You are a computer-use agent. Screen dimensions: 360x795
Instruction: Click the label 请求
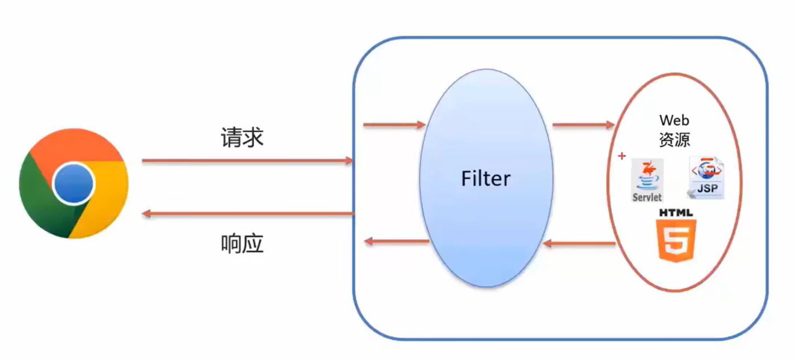point(242,137)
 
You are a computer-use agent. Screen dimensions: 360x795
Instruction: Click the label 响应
point(242,244)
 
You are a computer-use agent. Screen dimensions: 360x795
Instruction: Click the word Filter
point(485,179)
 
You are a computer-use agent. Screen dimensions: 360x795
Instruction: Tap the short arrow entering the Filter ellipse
point(394,125)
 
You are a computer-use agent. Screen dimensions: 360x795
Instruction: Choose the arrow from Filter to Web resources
point(583,125)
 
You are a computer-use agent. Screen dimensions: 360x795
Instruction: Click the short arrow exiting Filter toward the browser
point(397,241)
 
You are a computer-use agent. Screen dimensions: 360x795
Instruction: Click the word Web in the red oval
point(674,120)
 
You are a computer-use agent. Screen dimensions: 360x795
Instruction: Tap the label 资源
point(674,139)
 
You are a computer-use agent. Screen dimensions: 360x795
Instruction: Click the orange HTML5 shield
point(677,240)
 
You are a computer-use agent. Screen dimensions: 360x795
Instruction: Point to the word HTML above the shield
point(676,213)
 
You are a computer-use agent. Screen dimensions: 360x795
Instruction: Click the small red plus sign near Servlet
point(621,156)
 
